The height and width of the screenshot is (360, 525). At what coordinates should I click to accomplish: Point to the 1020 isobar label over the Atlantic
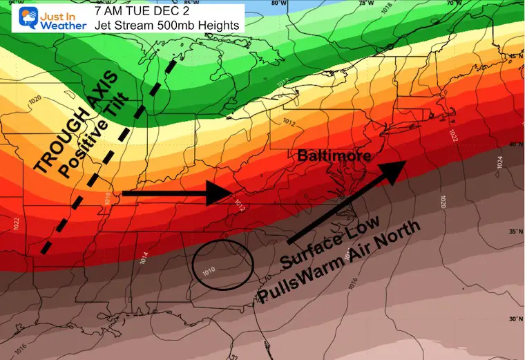coord(443,201)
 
